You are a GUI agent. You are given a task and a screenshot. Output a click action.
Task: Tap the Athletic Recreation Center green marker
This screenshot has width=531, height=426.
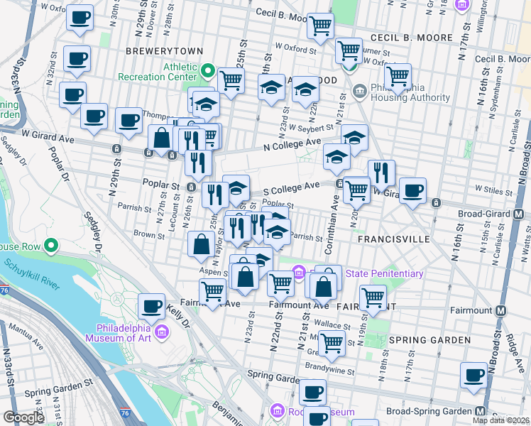tap(207, 71)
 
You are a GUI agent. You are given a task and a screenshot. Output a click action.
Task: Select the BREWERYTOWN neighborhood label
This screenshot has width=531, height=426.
tap(164, 51)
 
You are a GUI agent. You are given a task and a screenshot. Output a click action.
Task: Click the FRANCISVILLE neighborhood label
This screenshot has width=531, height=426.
tap(393, 240)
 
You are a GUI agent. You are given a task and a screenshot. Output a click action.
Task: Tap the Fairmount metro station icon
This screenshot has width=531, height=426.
tap(501, 311)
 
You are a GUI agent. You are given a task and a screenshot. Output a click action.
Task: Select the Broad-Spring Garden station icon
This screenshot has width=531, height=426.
tap(481, 411)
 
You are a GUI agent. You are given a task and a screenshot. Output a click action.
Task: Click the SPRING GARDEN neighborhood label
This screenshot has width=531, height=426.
tap(429, 340)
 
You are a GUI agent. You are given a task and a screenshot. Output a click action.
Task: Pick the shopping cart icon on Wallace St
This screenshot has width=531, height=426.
tap(332, 343)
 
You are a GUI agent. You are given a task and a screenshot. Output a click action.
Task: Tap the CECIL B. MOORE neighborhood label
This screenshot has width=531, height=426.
tap(410, 37)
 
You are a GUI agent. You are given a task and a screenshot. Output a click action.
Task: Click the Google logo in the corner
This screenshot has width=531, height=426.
tap(23, 417)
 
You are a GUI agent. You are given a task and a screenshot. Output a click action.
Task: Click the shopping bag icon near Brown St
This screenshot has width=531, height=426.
tap(202, 244)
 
